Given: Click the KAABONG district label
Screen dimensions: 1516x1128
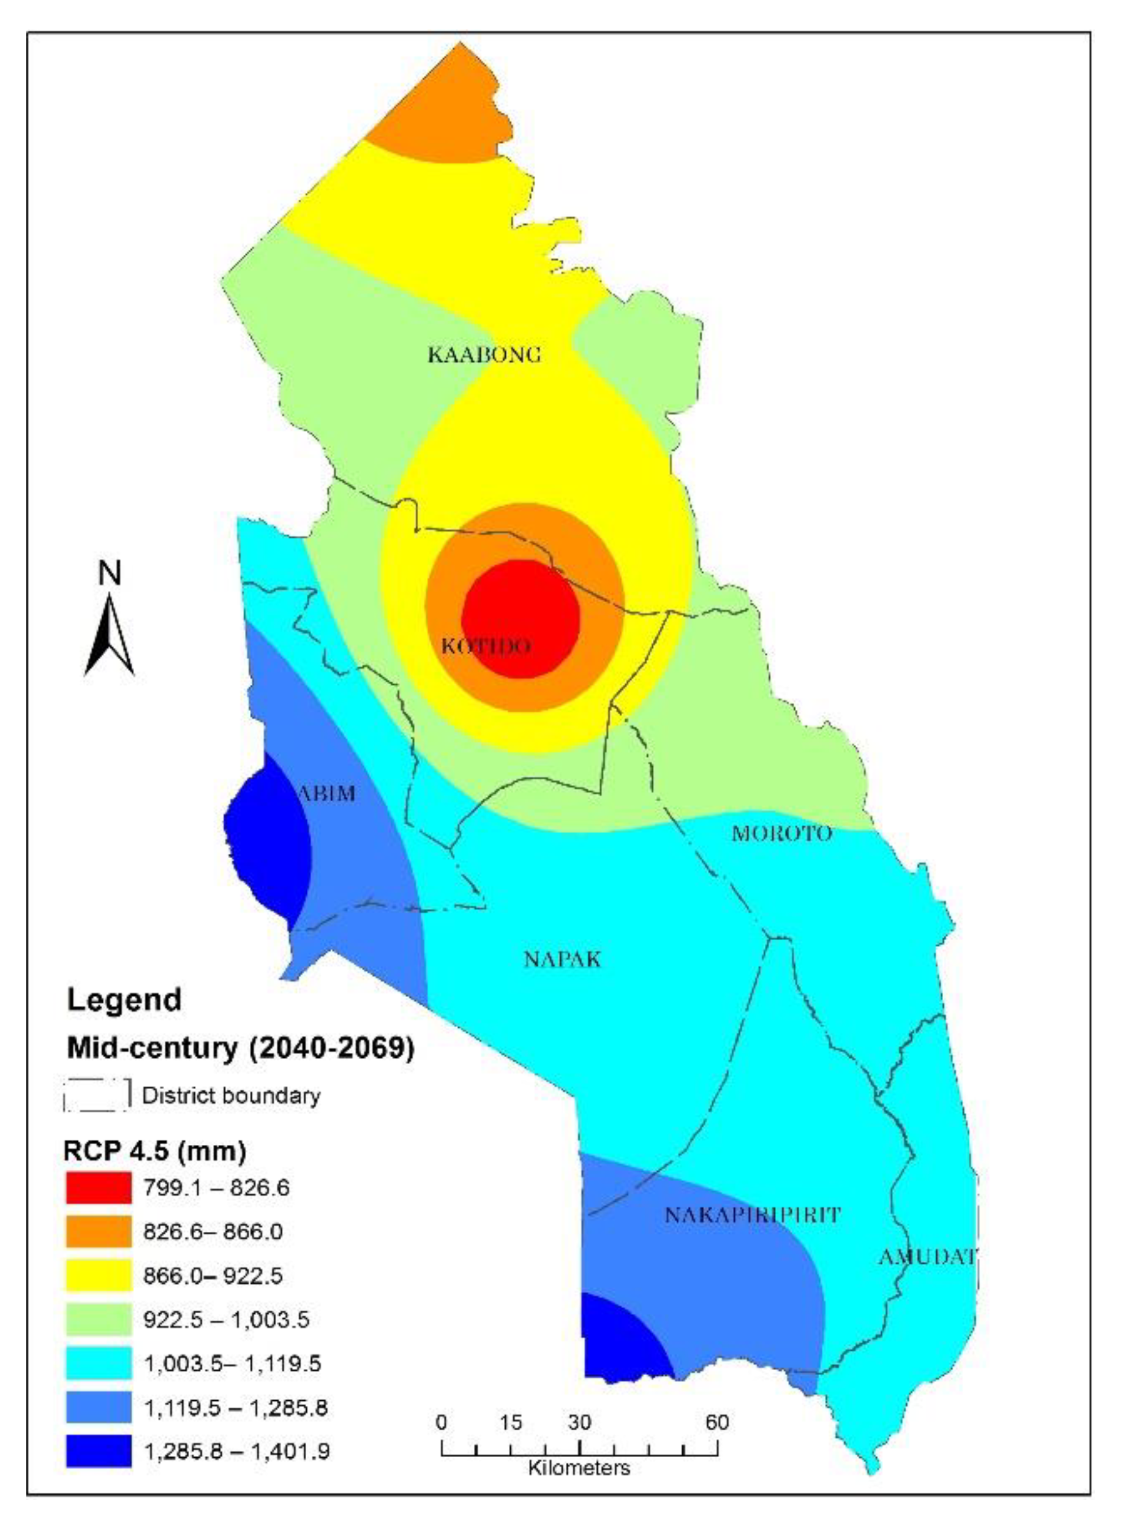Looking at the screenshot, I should tap(484, 355).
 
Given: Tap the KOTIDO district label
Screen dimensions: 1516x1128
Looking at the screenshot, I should tap(486, 646).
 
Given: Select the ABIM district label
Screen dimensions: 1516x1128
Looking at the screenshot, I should tap(327, 793).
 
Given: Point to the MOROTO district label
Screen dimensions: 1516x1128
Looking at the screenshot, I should tap(782, 833).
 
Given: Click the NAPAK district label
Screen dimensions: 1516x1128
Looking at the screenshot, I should tap(562, 959).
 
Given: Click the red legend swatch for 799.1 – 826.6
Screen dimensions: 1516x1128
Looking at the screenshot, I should tap(99, 1188).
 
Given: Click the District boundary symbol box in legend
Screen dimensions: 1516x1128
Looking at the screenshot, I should tap(97, 1096).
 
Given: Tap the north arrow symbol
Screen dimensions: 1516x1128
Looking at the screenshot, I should tap(109, 635).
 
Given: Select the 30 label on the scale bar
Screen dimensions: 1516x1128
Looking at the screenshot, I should tap(579, 1423).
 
